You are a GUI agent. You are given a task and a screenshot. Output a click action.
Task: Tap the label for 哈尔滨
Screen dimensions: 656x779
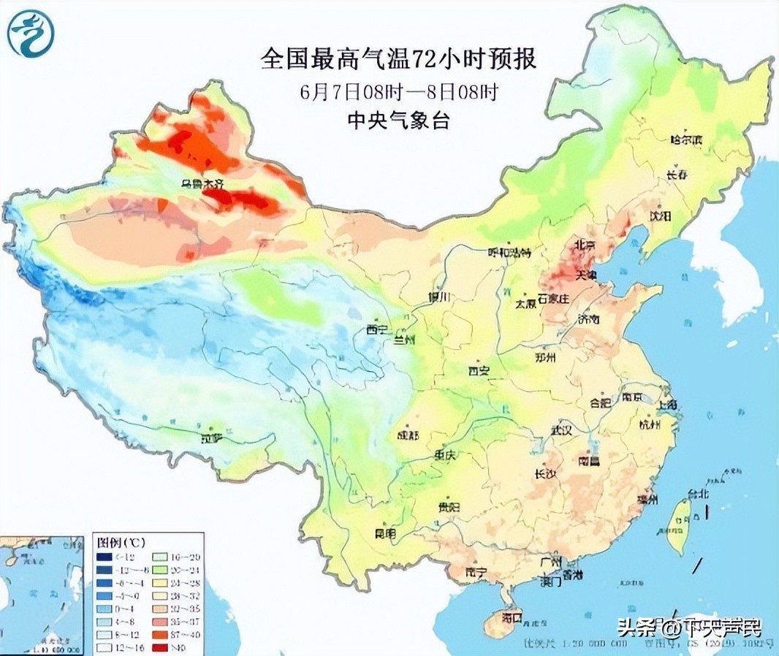686,140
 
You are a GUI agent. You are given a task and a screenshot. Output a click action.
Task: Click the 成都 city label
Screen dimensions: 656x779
408,435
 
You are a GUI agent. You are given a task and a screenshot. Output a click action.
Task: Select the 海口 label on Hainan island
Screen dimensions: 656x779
512,617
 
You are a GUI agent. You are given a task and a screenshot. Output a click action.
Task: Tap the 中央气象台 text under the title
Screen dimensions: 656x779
398,121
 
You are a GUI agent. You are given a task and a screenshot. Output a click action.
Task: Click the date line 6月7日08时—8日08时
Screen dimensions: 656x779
398,92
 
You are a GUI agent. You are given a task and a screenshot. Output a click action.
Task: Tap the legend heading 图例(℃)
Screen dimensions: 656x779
121,543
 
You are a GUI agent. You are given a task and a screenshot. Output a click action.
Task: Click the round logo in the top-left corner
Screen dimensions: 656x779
31,33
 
